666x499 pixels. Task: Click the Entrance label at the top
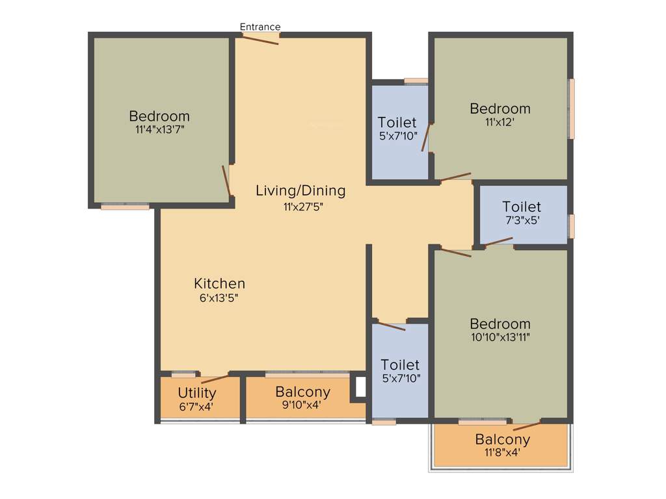(260, 27)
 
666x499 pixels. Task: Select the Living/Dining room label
(300, 191)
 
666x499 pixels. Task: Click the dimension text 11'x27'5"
(303, 207)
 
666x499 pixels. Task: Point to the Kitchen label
(220, 284)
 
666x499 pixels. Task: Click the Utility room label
(197, 393)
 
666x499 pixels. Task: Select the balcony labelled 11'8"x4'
(502, 446)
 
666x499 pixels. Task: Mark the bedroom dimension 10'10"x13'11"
(500, 337)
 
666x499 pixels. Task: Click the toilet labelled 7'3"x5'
(522, 214)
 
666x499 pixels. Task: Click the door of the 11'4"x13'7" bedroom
(226, 180)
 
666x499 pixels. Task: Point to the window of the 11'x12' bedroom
(571, 109)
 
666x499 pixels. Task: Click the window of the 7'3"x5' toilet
(571, 226)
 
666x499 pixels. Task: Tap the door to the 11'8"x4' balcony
(527, 426)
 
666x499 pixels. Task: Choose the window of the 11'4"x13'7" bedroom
(125, 207)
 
